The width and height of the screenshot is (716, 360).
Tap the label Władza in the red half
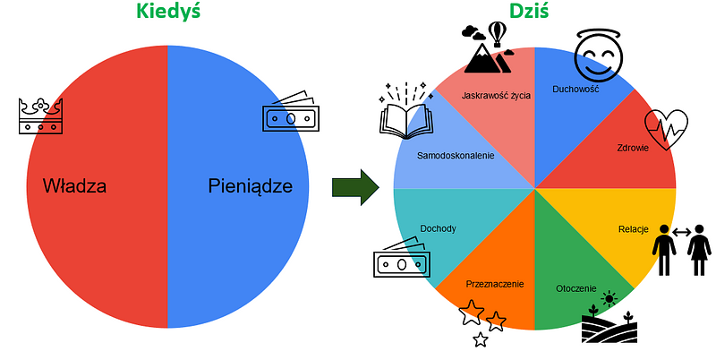74,187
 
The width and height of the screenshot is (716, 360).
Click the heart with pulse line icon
667,131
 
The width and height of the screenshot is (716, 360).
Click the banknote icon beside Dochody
400,261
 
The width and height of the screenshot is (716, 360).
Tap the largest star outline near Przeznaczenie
471,313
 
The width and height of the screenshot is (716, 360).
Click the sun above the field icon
609,299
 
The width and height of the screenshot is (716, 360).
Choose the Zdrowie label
632,148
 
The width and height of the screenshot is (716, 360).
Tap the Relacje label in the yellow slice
633,228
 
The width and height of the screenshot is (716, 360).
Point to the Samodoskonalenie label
456,155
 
